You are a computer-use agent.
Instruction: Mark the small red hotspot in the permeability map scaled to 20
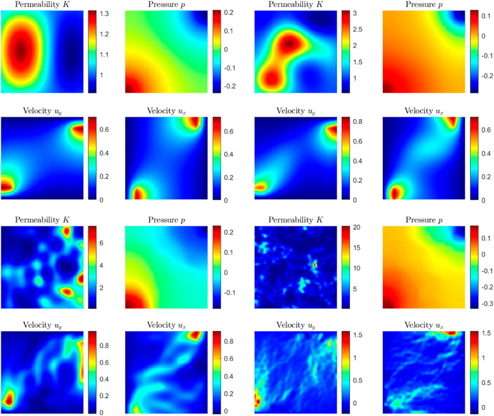(315, 265)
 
